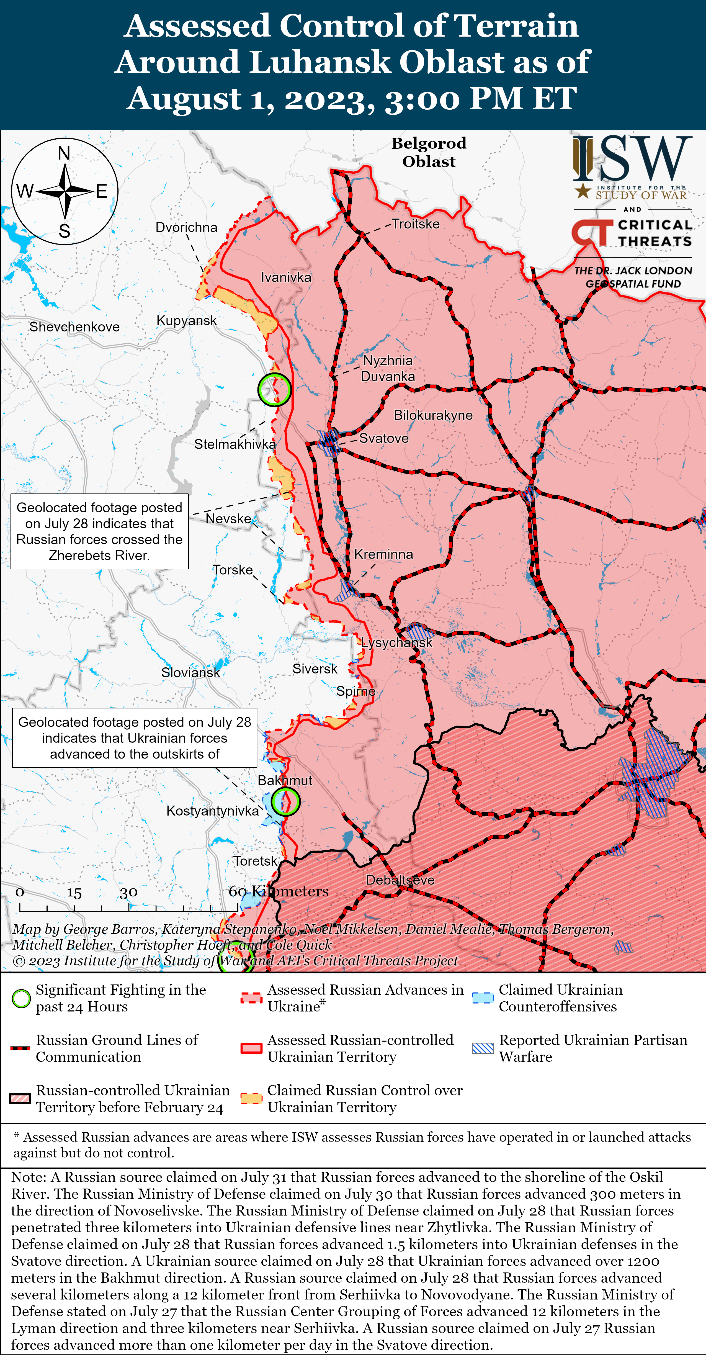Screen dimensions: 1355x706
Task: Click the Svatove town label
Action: point(383,438)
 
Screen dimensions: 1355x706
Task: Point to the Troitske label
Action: point(416,224)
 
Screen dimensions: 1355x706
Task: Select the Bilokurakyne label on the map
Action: point(433,415)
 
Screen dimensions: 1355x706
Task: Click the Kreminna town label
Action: point(383,554)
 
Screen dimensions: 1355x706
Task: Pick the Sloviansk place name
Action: point(190,672)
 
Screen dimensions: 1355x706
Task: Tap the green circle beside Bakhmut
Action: point(286,802)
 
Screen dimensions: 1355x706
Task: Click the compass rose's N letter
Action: point(64,153)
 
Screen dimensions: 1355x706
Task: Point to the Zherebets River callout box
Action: point(99,531)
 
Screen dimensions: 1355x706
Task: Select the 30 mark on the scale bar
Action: point(128,893)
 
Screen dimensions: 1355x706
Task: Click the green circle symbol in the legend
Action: point(21,998)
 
